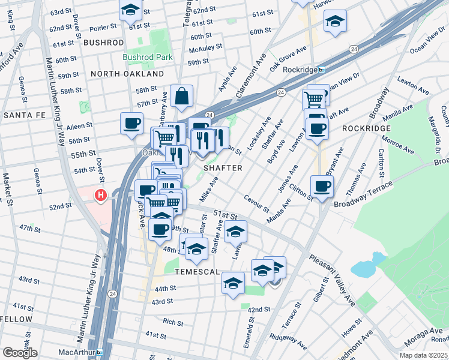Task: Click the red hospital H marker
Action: pos(101,195)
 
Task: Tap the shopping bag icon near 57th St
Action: pos(181,96)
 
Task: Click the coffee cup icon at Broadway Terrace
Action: pos(322,187)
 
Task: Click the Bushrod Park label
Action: pos(148,58)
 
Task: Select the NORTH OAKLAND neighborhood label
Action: pos(127,74)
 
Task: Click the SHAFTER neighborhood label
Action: pos(223,168)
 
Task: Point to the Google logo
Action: pos(20,352)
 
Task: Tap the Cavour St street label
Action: pos(256,203)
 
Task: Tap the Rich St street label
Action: pos(173,322)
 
